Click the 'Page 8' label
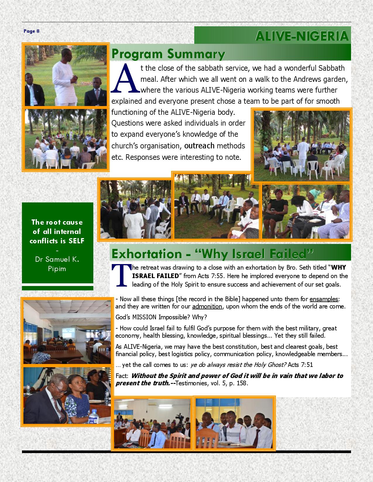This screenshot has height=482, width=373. click(x=32, y=31)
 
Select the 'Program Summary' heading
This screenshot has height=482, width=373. click(x=168, y=54)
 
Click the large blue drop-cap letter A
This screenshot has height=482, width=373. click(x=126, y=77)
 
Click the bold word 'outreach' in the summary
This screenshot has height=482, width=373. click(x=199, y=145)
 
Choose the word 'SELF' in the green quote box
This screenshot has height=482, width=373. click(x=76, y=241)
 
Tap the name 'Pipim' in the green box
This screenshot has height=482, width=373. click(x=57, y=268)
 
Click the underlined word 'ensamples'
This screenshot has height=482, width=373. click(x=324, y=299)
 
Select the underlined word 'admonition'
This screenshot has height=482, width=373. click(x=207, y=306)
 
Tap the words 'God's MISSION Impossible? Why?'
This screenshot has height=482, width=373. click(x=161, y=317)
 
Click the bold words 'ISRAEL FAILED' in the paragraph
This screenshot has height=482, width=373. click(x=155, y=276)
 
